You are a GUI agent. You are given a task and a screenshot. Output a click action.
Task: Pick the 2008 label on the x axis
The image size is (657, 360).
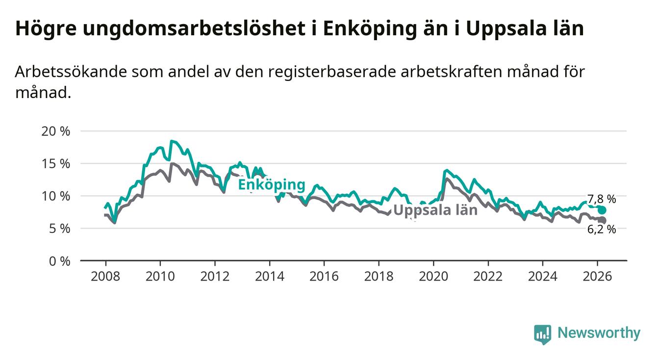point(106,276)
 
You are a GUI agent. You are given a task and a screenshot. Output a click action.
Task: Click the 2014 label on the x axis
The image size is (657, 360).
point(270,276)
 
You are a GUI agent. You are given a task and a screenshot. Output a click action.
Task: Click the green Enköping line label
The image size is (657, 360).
point(272,185)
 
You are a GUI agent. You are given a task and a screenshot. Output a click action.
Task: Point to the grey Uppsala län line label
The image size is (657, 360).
point(435,210)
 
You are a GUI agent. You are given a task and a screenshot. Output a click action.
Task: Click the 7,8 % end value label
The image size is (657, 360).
point(601,199)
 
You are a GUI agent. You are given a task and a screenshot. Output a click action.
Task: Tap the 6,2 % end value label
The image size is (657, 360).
point(602,229)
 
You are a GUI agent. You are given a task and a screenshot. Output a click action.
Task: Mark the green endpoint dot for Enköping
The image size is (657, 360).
point(602,210)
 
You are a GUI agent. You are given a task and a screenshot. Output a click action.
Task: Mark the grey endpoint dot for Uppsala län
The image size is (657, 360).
point(603,220)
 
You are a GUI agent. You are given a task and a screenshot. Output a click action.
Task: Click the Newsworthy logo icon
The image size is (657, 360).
point(542,334)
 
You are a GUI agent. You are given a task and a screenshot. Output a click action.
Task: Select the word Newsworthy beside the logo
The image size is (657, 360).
point(599,334)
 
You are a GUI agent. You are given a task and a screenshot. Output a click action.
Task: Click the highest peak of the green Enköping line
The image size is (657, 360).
point(171,141)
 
